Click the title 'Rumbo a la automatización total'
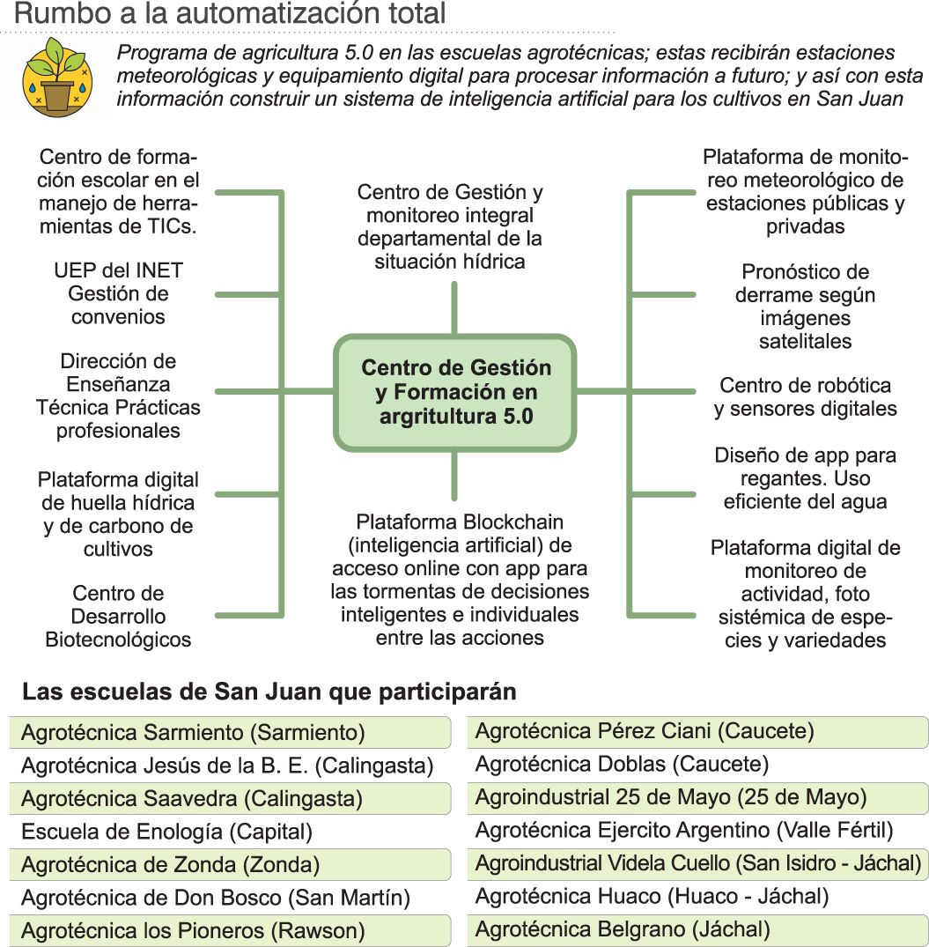(x=230, y=13)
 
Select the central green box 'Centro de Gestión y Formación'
(x=455, y=392)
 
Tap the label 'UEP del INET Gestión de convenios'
(x=118, y=293)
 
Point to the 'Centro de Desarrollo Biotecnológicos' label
(x=118, y=616)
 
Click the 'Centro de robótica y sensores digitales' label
(x=805, y=396)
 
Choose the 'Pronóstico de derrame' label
(x=805, y=306)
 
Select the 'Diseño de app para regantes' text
(x=805, y=478)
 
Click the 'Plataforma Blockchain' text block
(x=460, y=579)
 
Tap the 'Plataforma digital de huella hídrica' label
(x=118, y=514)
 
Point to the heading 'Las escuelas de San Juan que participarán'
(x=269, y=692)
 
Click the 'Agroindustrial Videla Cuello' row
(x=697, y=862)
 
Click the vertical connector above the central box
(x=454, y=307)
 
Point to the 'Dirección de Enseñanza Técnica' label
(x=118, y=396)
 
